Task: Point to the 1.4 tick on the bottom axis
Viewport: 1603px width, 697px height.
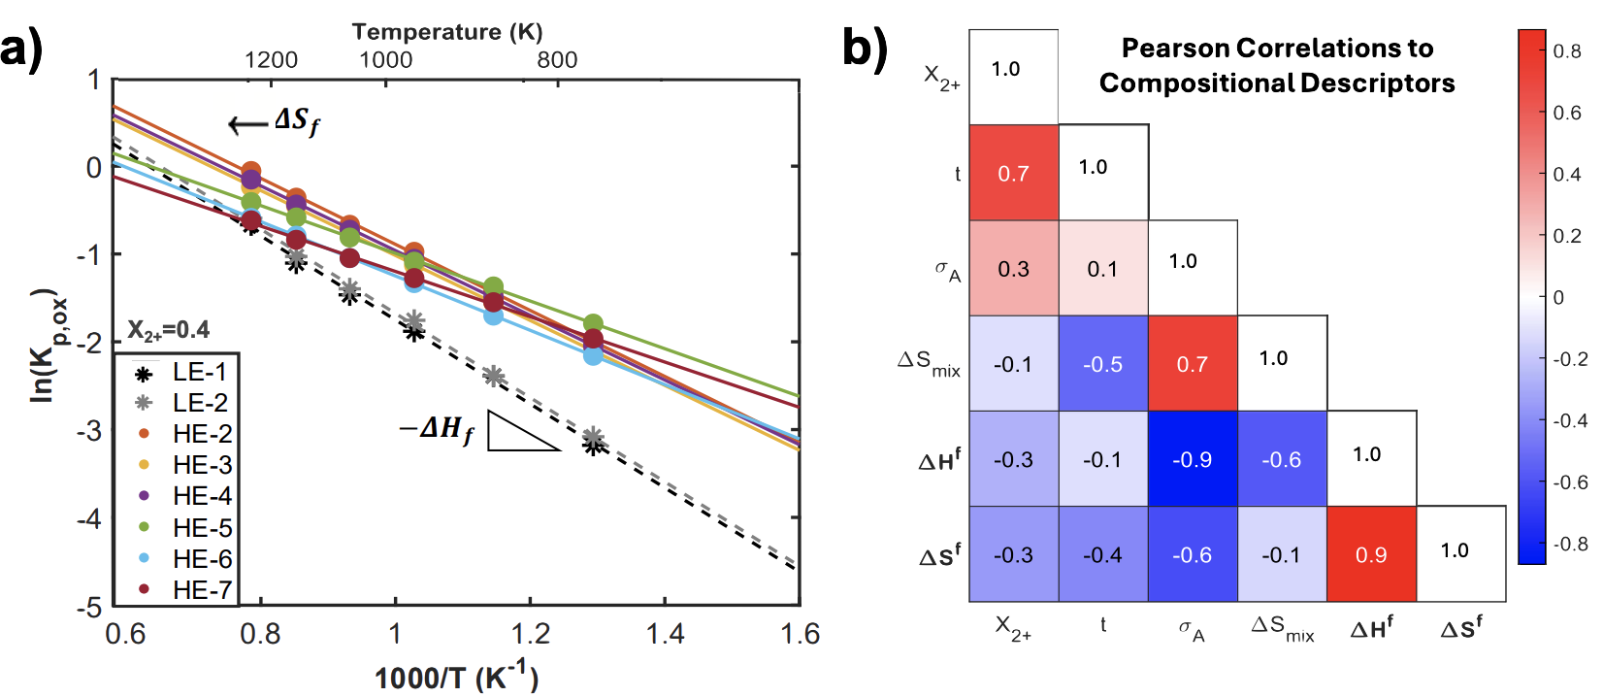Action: point(666,634)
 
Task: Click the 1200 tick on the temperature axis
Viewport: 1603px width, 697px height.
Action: point(271,60)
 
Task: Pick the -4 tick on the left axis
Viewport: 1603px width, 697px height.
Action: point(92,518)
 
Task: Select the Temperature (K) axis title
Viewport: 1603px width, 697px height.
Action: point(447,32)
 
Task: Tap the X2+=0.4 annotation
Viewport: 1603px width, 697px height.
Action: point(169,330)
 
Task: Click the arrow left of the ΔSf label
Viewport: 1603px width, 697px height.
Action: point(247,124)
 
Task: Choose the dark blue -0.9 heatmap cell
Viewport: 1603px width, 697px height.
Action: point(1193,459)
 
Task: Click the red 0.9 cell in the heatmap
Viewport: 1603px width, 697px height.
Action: point(1371,554)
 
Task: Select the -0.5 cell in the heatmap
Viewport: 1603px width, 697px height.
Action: point(1103,364)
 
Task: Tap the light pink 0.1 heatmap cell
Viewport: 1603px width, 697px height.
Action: point(1103,269)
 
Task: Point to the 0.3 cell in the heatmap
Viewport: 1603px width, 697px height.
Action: point(1013,269)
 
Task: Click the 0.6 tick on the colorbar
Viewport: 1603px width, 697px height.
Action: point(1566,113)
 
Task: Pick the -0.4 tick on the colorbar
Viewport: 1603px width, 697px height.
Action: point(1569,420)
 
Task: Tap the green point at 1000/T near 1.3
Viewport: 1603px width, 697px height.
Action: point(593,324)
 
